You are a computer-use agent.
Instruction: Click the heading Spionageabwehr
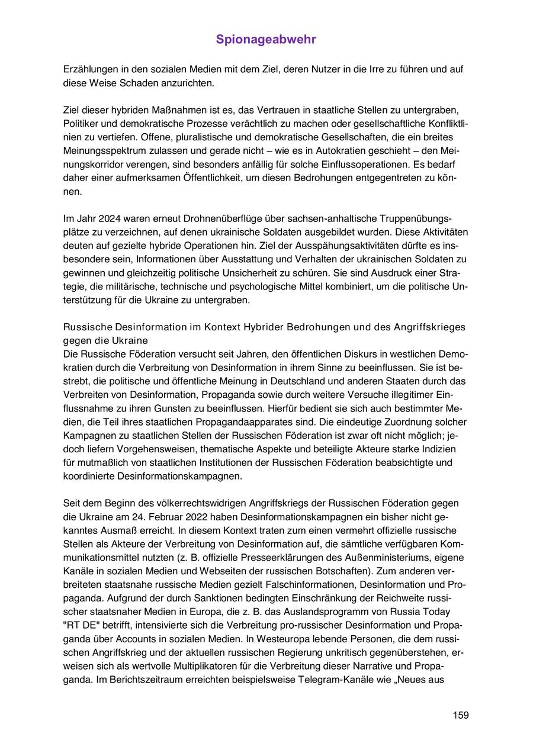click(266, 40)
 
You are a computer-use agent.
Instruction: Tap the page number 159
click(461, 715)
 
